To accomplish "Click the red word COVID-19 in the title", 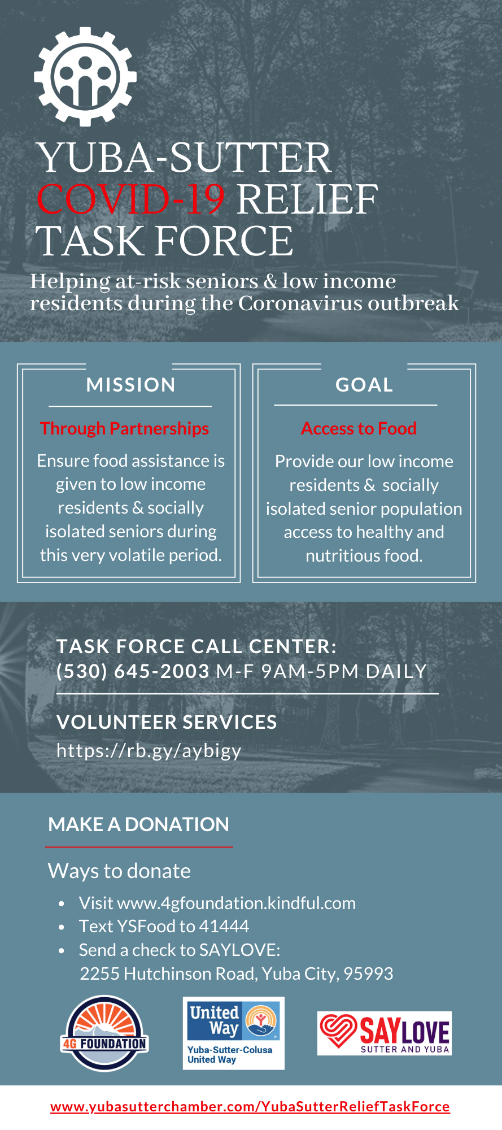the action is click(x=130, y=199).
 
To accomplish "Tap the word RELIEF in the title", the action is click(x=307, y=199).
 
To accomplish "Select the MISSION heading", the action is click(x=131, y=385).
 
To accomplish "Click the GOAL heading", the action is click(x=364, y=385).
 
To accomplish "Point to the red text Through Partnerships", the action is click(x=124, y=428).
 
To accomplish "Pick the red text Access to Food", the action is click(x=359, y=428).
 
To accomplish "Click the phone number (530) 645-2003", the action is click(x=133, y=671).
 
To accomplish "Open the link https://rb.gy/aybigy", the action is click(x=149, y=751).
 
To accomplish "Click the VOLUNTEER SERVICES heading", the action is click(x=167, y=722).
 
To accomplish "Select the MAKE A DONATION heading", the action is click(x=139, y=824).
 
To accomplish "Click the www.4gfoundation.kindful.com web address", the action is click(x=236, y=903).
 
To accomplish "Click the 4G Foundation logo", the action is click(x=104, y=1033).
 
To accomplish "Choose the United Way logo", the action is click(x=234, y=1033).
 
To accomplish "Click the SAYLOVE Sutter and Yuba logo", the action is click(x=385, y=1033).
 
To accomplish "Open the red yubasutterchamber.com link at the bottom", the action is click(x=250, y=1106).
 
